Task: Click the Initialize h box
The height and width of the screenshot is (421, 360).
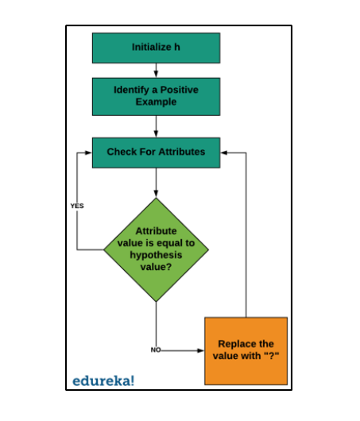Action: (x=156, y=48)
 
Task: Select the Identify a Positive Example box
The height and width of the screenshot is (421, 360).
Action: (x=156, y=97)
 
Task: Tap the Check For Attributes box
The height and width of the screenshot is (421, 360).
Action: (x=156, y=153)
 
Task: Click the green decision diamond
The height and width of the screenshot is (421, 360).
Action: (x=156, y=249)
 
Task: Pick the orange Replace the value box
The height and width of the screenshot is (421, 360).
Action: (x=246, y=351)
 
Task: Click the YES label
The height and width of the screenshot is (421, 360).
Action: (x=77, y=206)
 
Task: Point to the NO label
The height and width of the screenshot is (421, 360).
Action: (x=156, y=350)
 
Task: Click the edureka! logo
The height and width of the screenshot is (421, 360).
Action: (x=103, y=380)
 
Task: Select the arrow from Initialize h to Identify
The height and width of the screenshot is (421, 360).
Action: (x=156, y=71)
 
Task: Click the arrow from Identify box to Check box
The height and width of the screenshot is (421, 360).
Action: (x=156, y=127)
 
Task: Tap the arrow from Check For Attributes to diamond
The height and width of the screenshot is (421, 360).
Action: (x=156, y=183)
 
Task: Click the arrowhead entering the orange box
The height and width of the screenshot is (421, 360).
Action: (x=201, y=350)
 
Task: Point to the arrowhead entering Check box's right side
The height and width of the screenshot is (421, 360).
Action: (x=224, y=153)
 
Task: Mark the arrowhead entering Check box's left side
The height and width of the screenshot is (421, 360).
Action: (x=88, y=153)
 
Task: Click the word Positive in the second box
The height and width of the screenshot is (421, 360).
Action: (x=180, y=90)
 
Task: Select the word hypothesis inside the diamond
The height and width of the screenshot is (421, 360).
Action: (x=156, y=255)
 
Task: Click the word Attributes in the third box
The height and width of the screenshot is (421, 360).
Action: (x=182, y=152)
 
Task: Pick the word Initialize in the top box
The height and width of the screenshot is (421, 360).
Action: (x=152, y=47)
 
